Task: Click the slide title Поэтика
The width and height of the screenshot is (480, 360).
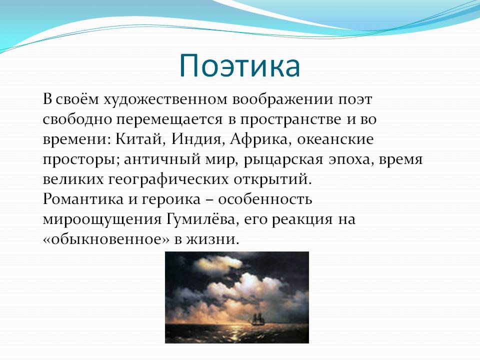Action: pyautogui.click(x=239, y=65)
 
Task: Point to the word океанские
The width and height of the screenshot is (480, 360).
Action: pyautogui.click(x=335, y=139)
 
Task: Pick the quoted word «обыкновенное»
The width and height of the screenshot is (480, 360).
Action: pyautogui.click(x=106, y=239)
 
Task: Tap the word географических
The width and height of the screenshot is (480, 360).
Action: pyautogui.click(x=168, y=179)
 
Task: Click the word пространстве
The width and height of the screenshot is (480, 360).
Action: pyautogui.click(x=290, y=119)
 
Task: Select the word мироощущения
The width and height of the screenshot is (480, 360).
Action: pyautogui.click(x=102, y=219)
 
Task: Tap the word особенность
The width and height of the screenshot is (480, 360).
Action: pyautogui.click(x=265, y=199)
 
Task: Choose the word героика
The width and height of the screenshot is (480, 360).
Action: pyautogui.click(x=171, y=199)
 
